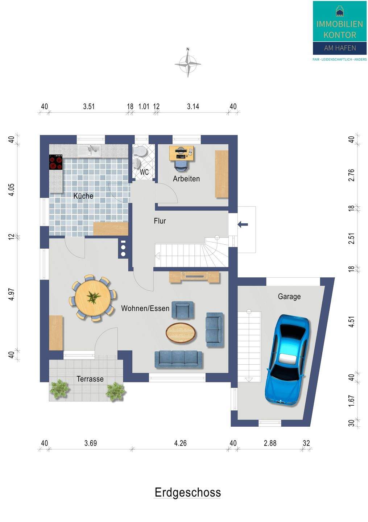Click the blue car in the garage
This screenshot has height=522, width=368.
288,360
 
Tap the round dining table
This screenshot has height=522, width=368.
93,298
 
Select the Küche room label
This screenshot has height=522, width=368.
83,196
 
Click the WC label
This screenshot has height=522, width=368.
144,172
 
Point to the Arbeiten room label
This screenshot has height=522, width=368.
186,179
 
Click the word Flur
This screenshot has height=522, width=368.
160,221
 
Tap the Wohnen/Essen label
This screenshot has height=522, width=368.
145,308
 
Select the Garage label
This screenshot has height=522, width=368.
289,297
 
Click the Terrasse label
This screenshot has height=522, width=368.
90,379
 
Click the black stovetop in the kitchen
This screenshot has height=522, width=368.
56,162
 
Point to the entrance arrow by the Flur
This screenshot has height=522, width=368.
243,224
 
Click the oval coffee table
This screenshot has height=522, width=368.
181,333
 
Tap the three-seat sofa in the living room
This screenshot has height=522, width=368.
178,359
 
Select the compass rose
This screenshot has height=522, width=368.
188,63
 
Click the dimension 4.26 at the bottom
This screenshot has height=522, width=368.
180,443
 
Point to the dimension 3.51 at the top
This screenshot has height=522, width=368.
89,107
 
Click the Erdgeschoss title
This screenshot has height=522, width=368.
187,492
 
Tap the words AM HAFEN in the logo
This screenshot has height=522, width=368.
340,48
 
